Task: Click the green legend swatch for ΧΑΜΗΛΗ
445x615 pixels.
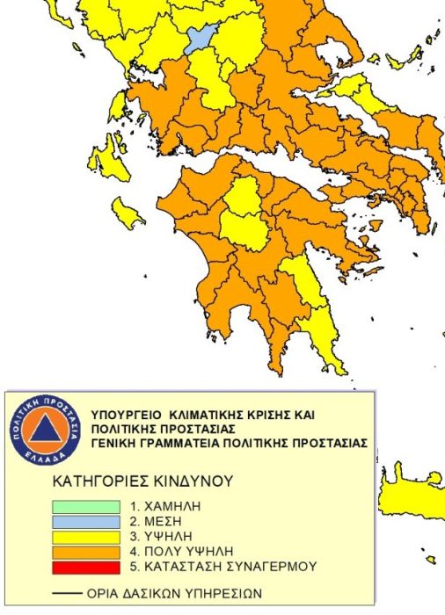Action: click(86, 506)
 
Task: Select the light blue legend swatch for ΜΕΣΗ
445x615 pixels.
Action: click(86, 521)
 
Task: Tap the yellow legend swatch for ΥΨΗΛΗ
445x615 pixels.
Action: click(86, 536)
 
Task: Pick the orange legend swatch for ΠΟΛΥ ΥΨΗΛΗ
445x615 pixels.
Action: click(86, 551)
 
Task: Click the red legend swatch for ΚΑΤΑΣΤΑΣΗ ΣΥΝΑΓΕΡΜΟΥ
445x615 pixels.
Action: click(86, 566)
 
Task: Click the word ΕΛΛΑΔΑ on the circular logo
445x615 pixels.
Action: click(48, 458)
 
